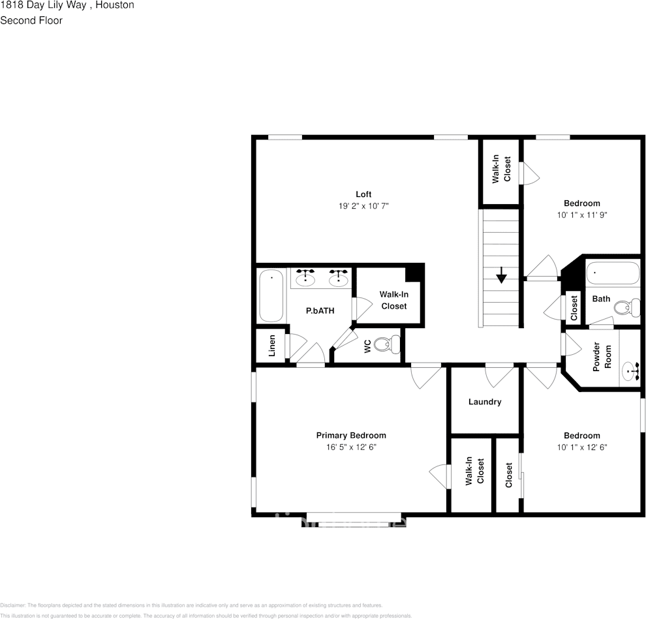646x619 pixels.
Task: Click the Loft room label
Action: [363, 194]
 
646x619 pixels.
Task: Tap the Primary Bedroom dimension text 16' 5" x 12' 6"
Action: [351, 447]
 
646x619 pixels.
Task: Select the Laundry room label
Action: [485, 402]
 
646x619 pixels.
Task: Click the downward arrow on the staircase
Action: [501, 276]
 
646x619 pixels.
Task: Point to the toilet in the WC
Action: [391, 344]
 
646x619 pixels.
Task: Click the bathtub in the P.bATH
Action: [271, 296]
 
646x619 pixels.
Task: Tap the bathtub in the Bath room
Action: [612, 273]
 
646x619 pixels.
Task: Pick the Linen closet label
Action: [272, 346]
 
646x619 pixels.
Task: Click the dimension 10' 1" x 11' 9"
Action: [581, 215]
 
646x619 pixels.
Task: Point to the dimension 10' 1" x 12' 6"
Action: [581, 447]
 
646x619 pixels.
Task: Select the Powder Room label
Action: [602, 356]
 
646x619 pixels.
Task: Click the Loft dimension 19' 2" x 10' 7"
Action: [363, 205]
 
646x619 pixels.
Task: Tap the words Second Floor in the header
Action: [31, 20]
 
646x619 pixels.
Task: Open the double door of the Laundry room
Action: [501, 374]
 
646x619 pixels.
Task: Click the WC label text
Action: [367, 346]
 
